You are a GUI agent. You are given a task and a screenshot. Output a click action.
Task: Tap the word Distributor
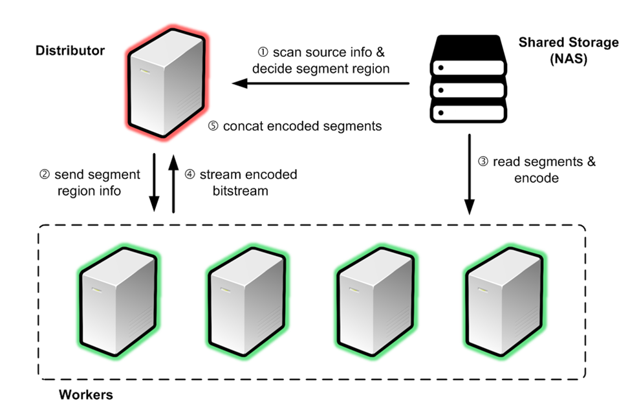click(x=71, y=50)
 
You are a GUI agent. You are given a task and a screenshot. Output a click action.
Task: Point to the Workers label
click(x=86, y=394)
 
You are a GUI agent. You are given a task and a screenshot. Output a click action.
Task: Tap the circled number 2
click(x=44, y=175)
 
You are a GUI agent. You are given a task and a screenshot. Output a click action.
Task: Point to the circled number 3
click(x=483, y=162)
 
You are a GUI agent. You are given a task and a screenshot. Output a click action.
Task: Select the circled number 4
click(x=190, y=175)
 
